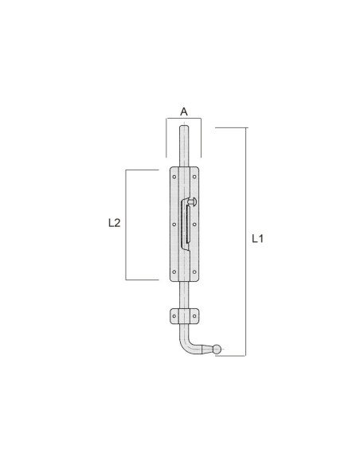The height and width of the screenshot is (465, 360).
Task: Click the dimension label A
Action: [x=184, y=111]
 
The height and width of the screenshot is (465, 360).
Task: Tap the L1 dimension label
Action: [x=257, y=238]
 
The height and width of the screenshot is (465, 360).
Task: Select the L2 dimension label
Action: [x=115, y=223]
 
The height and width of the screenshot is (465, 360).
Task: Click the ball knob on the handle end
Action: [x=217, y=349]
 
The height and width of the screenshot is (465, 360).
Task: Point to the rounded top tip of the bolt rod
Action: [x=184, y=127]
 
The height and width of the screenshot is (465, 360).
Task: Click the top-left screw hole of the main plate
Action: [x=174, y=177]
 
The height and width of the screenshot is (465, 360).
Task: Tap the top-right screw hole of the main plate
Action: [x=194, y=177]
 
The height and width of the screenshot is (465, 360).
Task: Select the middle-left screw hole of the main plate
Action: [x=174, y=225]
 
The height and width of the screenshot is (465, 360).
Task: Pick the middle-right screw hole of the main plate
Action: [x=194, y=225]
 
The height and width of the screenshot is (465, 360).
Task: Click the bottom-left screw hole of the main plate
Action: [x=174, y=272]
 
